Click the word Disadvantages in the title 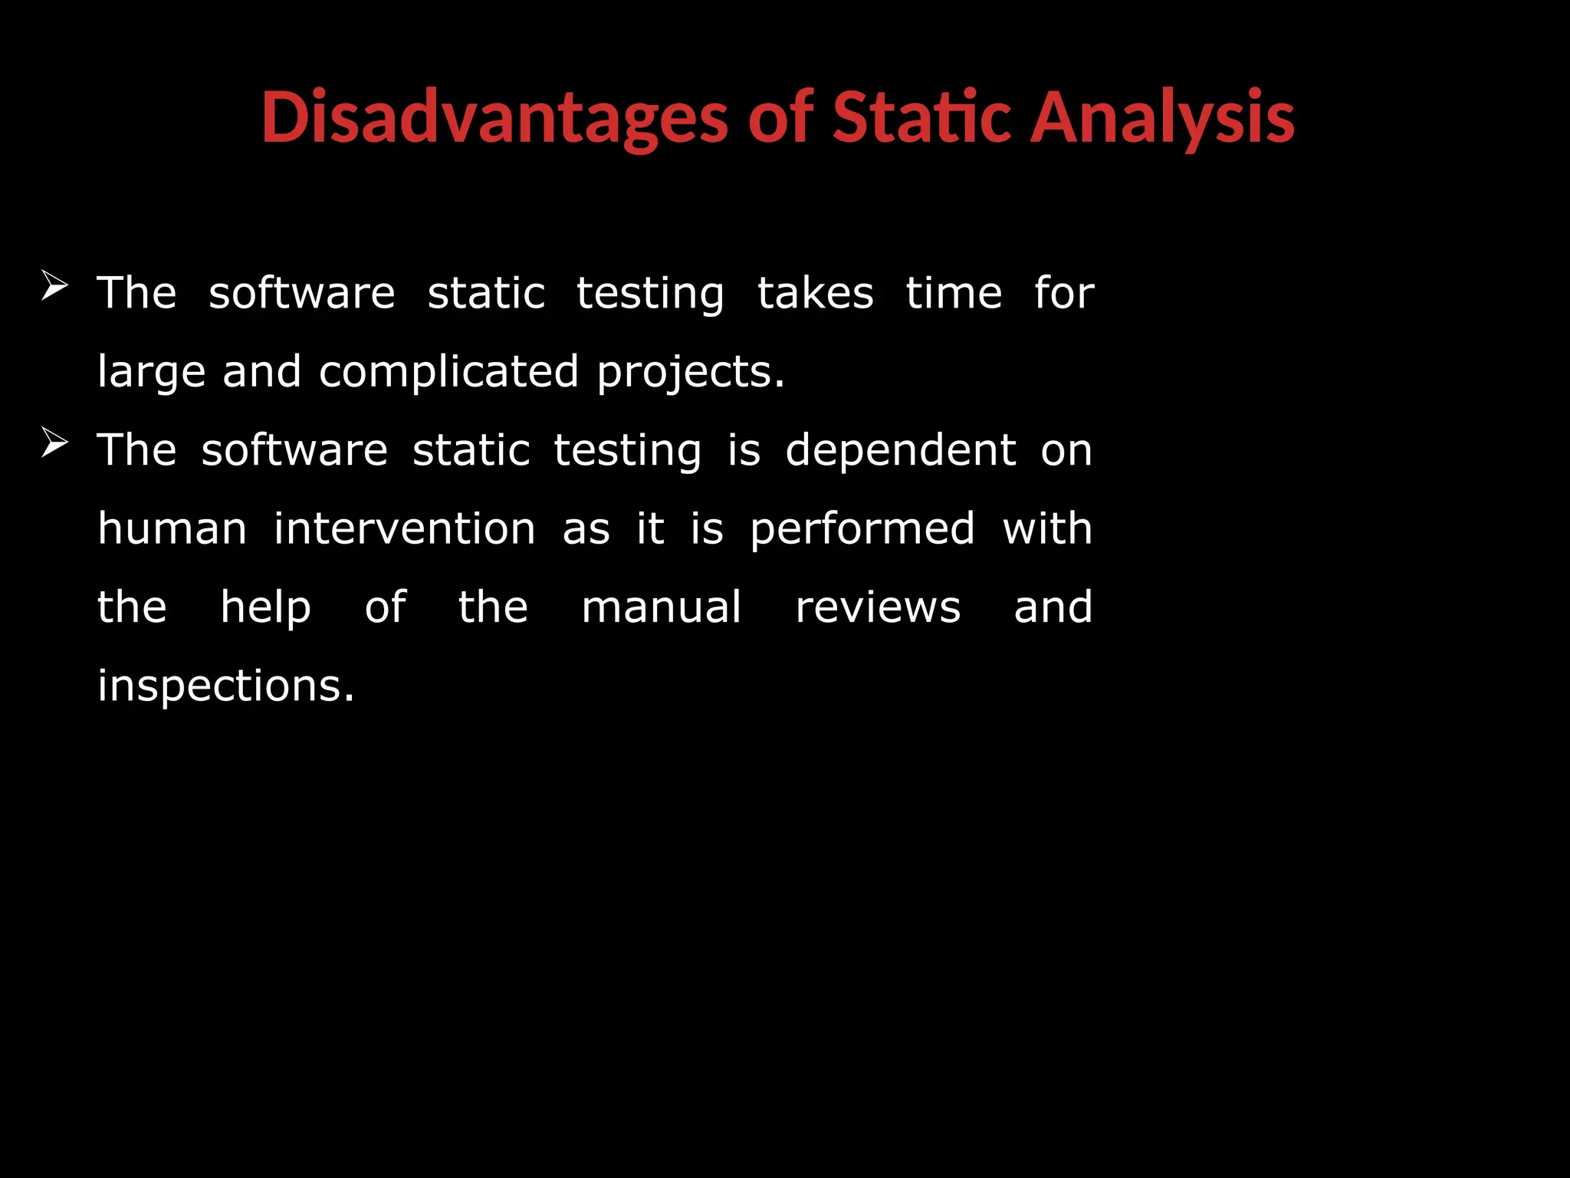point(494,119)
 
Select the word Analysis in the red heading point(1161,119)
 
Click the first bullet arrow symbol point(54,286)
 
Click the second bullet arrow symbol point(54,443)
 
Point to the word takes point(815,294)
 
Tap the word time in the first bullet point(954,294)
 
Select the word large point(151,373)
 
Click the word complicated point(448,372)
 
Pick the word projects point(690,373)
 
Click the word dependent point(901,450)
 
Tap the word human point(172,529)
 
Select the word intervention point(404,529)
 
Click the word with point(1047,529)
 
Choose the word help point(265,608)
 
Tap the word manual point(661,608)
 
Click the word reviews point(878,608)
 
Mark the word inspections point(225,686)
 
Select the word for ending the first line point(1064,294)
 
